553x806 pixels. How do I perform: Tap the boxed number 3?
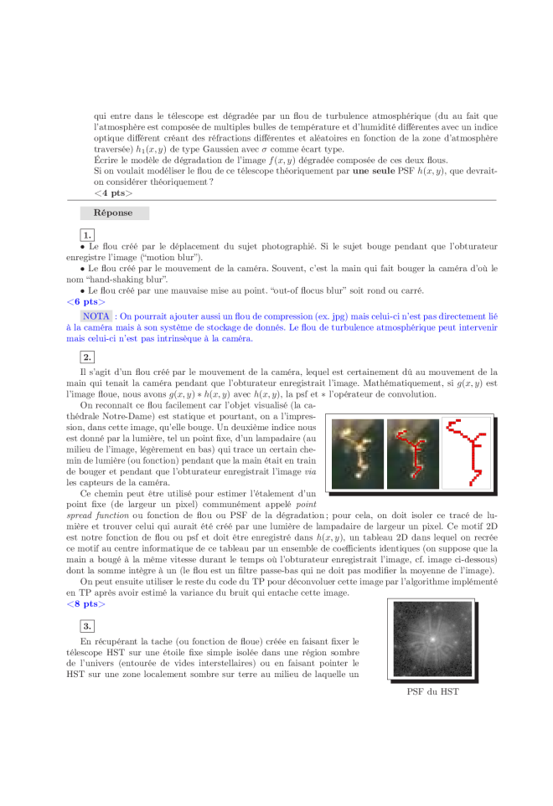pos(87,626)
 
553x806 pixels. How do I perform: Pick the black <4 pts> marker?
pos(113,193)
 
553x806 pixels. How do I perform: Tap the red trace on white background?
pos(467,454)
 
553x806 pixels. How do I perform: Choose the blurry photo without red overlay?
pos(358,454)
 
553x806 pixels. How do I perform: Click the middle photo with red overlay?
pos(413,454)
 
